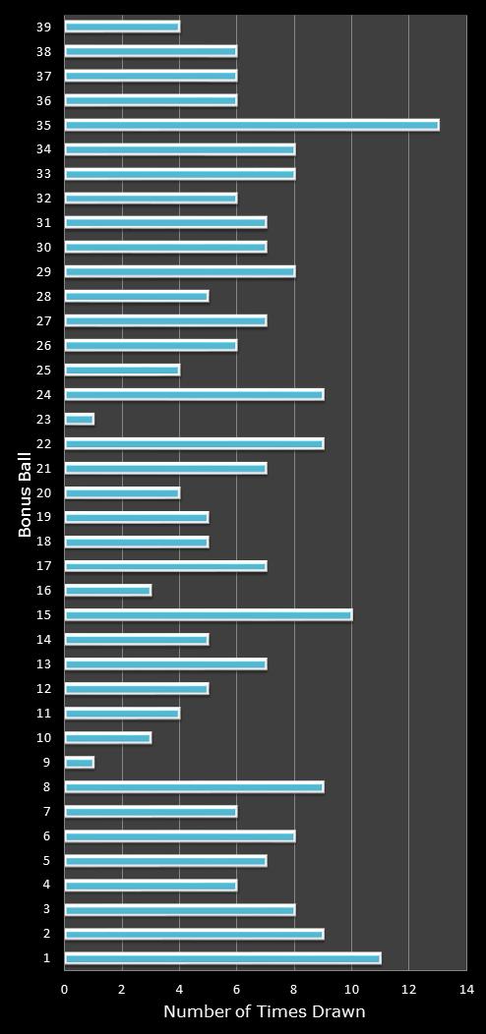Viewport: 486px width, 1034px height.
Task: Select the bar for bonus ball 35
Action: pos(251,125)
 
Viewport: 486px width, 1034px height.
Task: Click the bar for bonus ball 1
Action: pos(222,958)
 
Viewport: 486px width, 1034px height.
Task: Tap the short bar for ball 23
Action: pos(79,420)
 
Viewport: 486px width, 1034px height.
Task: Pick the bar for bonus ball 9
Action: pos(79,763)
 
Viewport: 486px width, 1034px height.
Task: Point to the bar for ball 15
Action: pos(208,615)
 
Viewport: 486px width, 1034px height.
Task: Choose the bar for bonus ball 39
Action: pos(122,27)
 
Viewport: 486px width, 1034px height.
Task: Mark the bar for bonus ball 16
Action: pos(107,591)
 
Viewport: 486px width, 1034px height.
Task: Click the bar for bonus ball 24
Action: pos(194,395)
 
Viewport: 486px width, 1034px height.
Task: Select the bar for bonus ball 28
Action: pos(136,296)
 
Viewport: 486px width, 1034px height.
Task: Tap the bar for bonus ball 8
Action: pos(194,787)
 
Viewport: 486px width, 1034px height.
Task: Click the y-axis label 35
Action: pos(43,125)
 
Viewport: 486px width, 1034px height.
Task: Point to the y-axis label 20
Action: pos(43,493)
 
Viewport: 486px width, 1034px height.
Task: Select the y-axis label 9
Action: pos(46,763)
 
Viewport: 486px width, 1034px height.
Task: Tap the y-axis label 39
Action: pos(43,27)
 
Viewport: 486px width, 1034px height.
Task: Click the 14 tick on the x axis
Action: pos(465,990)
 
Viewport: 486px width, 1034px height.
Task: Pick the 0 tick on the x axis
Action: pos(65,990)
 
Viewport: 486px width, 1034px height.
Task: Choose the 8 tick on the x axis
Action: pos(294,990)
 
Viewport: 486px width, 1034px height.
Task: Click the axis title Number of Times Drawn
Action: pos(264,1012)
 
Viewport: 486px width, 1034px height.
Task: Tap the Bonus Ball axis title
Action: pos(26,493)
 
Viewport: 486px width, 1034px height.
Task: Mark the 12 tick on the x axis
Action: pos(408,990)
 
